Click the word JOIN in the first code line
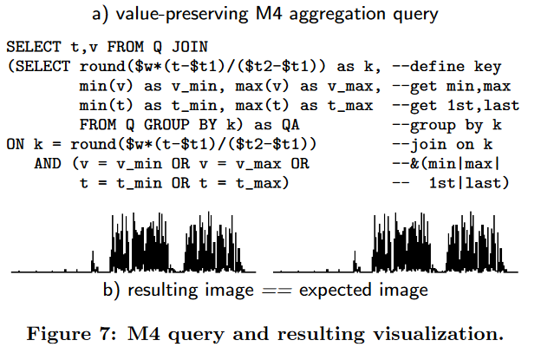pos(194,48)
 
